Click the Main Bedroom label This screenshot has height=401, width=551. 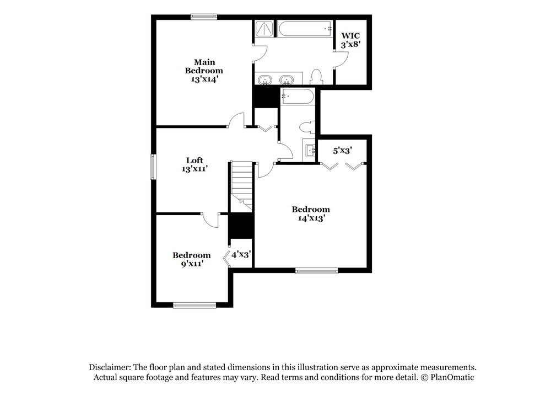pyautogui.click(x=204, y=66)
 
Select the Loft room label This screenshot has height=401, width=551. pyautogui.click(x=195, y=161)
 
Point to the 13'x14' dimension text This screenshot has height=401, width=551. pyautogui.click(x=204, y=79)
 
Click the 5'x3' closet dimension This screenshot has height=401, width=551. pyautogui.click(x=342, y=149)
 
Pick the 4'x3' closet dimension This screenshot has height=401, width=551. pyautogui.click(x=241, y=255)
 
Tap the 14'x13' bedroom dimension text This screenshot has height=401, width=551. pyautogui.click(x=311, y=218)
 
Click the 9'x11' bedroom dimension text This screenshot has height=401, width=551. pyautogui.click(x=191, y=264)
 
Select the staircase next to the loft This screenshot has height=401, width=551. pyautogui.click(x=241, y=185)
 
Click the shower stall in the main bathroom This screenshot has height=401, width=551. pyautogui.click(x=264, y=29)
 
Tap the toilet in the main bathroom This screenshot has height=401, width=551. pyautogui.click(x=316, y=76)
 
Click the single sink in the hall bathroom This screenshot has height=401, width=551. pyautogui.click(x=309, y=149)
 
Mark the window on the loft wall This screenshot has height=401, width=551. pyautogui.click(x=154, y=167)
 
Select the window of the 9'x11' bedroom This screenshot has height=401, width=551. pyautogui.click(x=187, y=304)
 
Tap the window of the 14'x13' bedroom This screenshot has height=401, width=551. pyautogui.click(x=316, y=270)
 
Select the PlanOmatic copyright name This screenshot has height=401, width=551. pyautogui.click(x=453, y=377)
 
